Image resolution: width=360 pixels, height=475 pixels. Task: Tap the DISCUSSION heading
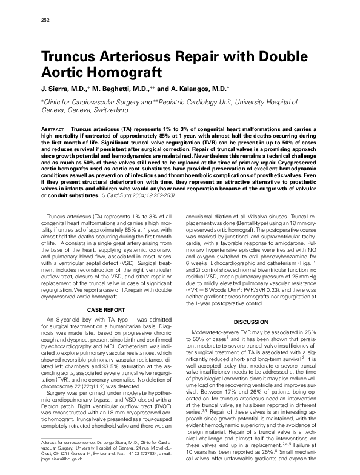click(x=250, y=321)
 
